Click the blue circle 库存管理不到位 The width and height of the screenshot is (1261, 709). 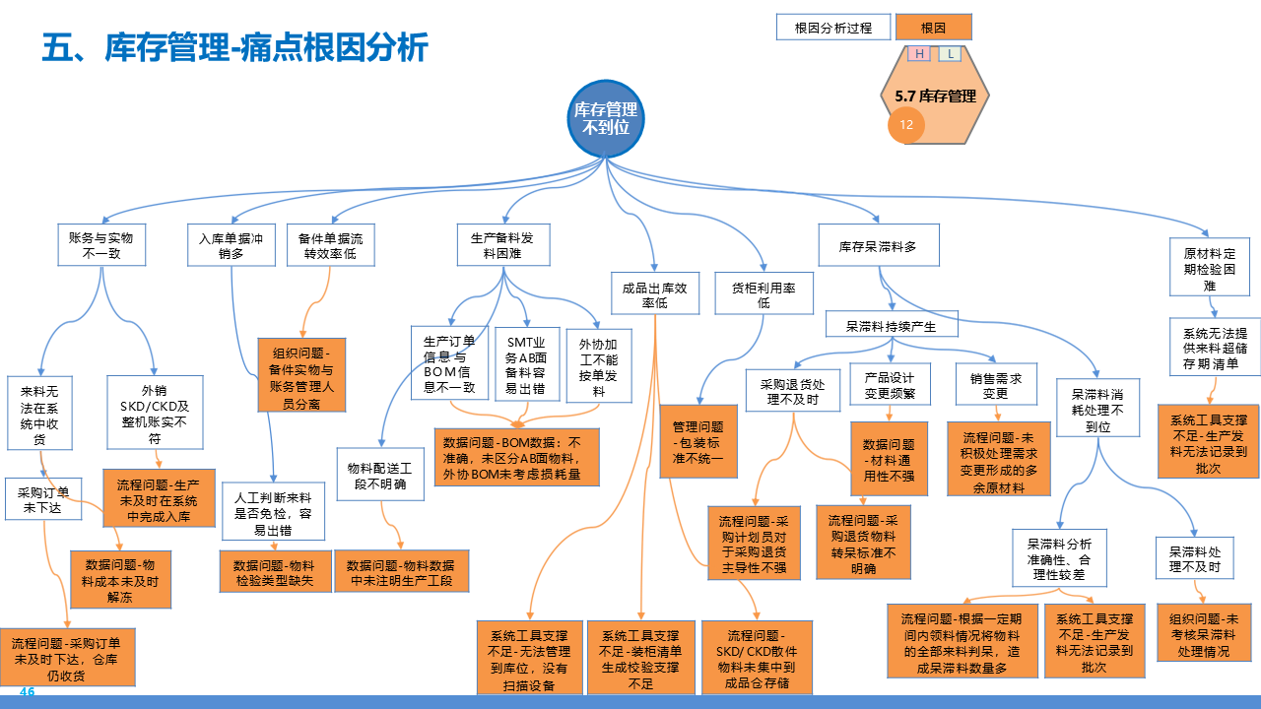[606, 117]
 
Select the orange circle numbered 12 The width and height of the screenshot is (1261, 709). [906, 125]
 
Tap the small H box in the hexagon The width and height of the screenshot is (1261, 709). [919, 54]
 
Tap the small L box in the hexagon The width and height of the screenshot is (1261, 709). [950, 54]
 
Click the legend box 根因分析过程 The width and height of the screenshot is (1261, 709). [832, 28]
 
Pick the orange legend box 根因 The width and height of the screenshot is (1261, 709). [933, 28]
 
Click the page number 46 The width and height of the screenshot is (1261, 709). [27, 692]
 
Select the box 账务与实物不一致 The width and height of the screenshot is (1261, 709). [100, 245]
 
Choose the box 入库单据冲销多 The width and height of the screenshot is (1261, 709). [231, 245]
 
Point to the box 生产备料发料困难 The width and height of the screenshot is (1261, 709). [502, 245]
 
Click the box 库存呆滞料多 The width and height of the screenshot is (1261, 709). [878, 245]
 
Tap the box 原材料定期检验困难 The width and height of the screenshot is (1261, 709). [1209, 269]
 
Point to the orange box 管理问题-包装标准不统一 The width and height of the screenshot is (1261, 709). [698, 442]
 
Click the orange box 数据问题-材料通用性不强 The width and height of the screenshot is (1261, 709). [889, 460]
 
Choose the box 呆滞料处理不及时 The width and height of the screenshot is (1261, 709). [1194, 559]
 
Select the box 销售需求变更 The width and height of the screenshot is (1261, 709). [995, 385]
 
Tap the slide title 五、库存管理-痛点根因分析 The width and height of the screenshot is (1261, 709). [235, 46]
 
